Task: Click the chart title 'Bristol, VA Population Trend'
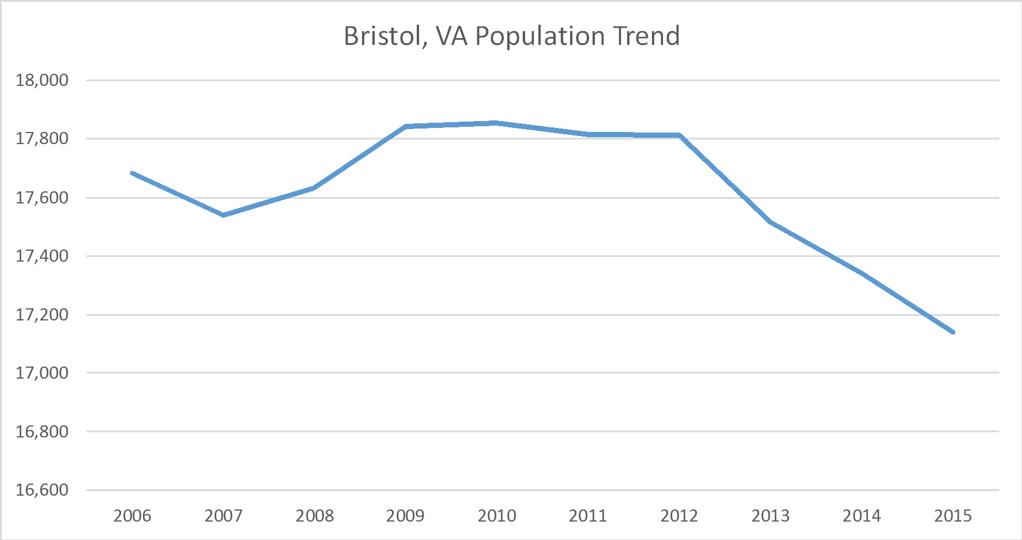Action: [x=511, y=36]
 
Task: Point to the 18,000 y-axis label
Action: [x=42, y=80]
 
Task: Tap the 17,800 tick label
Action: [x=42, y=138]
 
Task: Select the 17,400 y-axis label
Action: [x=42, y=256]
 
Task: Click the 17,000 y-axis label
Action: [x=42, y=373]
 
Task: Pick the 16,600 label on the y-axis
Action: [x=42, y=490]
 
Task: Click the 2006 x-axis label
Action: [x=132, y=515]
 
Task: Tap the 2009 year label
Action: [x=405, y=515]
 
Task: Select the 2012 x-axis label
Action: [x=679, y=515]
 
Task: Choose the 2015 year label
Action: [x=952, y=515]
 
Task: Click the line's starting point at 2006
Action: [x=133, y=173]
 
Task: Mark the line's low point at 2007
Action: [x=224, y=215]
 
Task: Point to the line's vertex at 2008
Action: [x=314, y=188]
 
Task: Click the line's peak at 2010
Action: [x=496, y=123]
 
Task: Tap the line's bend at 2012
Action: [x=680, y=135]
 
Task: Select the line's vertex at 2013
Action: [x=771, y=222]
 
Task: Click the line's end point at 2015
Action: [x=953, y=332]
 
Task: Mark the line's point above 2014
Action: [x=862, y=273]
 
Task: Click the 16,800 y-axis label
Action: [x=42, y=432]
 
